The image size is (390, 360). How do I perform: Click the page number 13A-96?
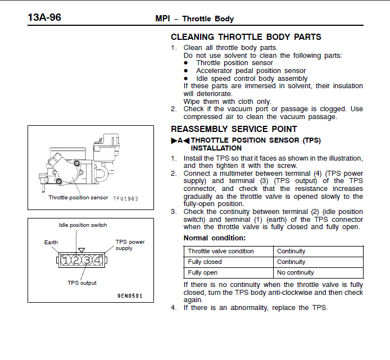44,17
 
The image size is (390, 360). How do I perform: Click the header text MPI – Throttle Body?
194,19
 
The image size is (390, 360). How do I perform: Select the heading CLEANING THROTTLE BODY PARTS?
246,37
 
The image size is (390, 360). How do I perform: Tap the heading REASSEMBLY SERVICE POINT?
234,129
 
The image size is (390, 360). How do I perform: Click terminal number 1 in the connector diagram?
66,260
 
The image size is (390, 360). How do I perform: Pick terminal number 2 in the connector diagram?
76,260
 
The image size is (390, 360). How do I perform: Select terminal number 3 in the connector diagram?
87,260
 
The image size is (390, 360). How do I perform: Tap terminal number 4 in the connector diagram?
98,260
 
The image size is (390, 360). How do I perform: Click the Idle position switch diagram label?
83,225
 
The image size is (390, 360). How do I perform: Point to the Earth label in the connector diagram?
51,243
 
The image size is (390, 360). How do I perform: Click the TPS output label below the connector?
82,283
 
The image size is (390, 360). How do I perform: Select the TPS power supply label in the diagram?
130,245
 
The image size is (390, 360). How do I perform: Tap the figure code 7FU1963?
125,198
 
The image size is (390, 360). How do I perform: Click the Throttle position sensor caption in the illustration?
78,198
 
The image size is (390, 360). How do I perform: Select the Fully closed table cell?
205,262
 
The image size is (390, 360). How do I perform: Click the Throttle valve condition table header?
221,251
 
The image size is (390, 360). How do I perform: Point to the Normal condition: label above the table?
215,238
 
